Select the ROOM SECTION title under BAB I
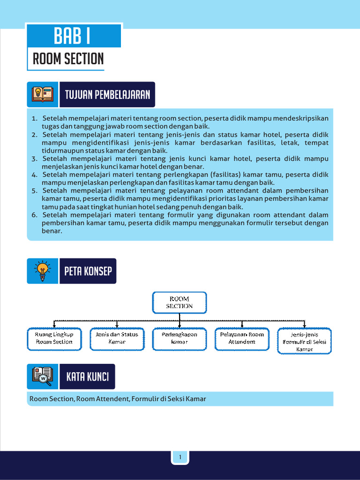click(68, 59)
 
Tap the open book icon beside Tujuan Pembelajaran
click(42, 94)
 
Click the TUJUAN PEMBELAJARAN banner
click(107, 95)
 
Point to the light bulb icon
click(43, 271)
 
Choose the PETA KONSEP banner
click(88, 271)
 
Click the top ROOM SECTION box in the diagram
click(179, 302)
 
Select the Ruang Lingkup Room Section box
click(54, 338)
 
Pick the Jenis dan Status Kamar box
click(117, 338)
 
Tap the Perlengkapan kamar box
click(179, 338)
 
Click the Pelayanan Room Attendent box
click(242, 338)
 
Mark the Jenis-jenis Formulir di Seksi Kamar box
click(304, 342)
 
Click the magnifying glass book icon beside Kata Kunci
click(42, 376)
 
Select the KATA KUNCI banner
click(88, 376)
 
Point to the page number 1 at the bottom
click(180, 457)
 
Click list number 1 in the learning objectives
click(34, 118)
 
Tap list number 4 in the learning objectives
click(34, 175)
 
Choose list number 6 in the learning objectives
click(34, 215)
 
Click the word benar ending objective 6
click(52, 231)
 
